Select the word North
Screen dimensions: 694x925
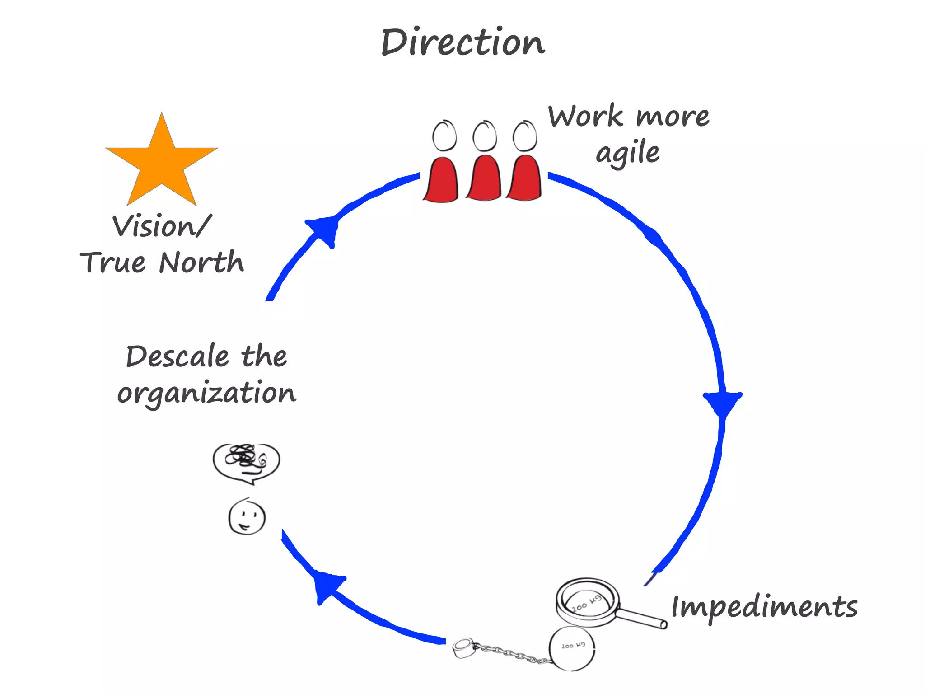point(201,263)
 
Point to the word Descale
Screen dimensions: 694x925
point(177,356)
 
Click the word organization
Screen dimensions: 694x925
point(206,393)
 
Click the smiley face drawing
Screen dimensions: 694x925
point(247,517)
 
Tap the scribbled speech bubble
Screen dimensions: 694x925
point(247,461)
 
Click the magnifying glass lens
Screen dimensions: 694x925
point(586,601)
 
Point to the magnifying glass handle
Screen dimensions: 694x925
point(641,618)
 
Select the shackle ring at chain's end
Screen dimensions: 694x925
point(463,648)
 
